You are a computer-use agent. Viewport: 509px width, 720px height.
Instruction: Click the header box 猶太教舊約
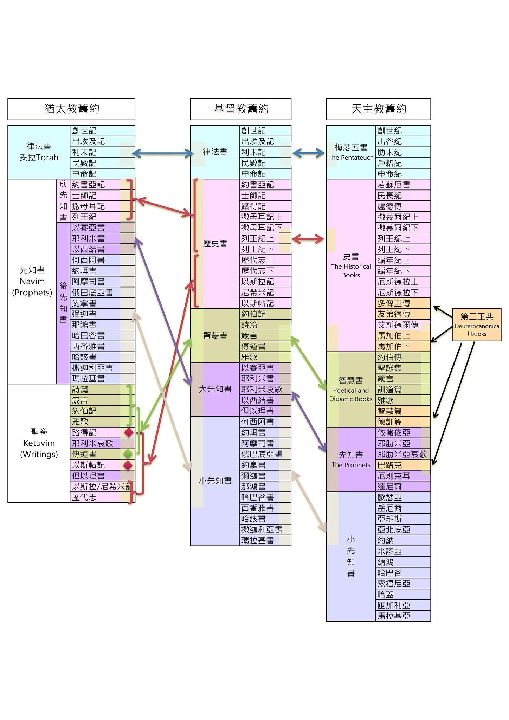(x=71, y=109)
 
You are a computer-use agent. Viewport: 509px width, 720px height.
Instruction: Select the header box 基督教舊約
(x=241, y=109)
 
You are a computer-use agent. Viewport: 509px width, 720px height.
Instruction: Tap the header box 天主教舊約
(x=379, y=109)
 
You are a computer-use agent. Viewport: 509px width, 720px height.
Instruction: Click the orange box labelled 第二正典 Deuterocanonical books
(x=477, y=325)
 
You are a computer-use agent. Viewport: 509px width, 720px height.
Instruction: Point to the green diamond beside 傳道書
(x=128, y=454)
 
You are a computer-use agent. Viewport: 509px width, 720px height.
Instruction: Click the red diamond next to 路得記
(x=129, y=432)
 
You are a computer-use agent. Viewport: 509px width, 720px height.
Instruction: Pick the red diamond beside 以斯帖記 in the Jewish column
(x=128, y=465)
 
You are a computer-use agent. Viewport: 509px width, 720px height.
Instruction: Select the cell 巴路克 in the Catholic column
(x=403, y=465)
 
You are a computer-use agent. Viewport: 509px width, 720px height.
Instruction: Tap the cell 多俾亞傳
(x=403, y=303)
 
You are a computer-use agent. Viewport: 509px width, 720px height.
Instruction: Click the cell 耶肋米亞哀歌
(x=403, y=454)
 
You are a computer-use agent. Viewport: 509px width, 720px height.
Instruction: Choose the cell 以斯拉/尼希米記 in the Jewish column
(x=103, y=487)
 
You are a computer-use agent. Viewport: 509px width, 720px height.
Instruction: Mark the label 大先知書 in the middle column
(x=215, y=389)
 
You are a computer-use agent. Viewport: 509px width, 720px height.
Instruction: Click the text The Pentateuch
(x=351, y=157)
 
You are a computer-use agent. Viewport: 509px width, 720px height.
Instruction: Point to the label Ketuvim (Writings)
(x=39, y=449)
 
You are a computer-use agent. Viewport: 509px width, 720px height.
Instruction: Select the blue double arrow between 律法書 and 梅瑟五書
(x=309, y=153)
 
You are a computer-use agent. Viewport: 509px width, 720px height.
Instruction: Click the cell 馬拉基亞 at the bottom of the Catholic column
(x=403, y=616)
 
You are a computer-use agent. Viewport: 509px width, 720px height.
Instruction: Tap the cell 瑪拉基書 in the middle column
(x=265, y=540)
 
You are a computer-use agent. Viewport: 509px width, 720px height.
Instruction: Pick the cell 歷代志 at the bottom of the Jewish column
(x=103, y=497)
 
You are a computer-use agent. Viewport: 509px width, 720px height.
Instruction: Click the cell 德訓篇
(x=403, y=422)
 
